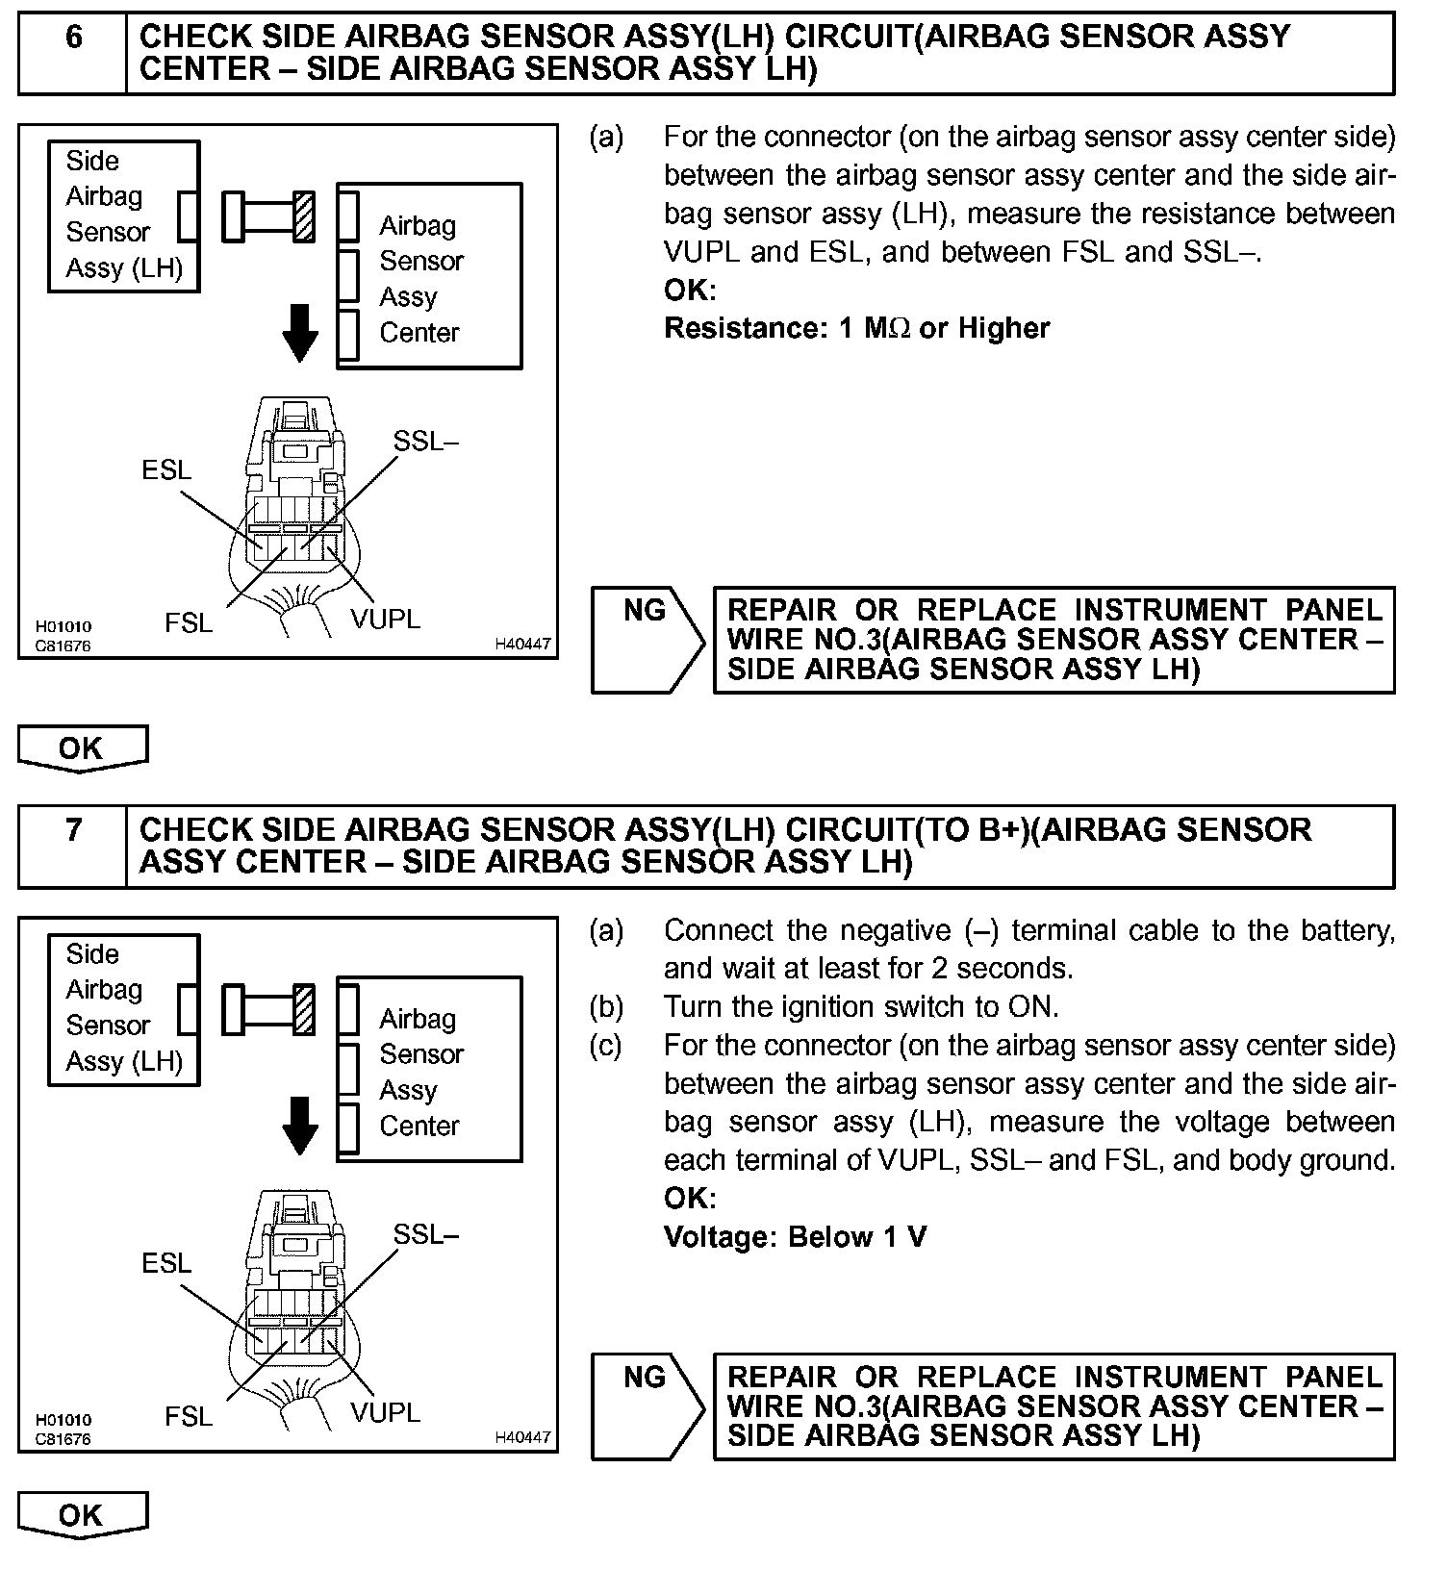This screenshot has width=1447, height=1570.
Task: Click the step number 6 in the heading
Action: coord(73,38)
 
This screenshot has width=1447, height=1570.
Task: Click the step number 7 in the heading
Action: coord(73,829)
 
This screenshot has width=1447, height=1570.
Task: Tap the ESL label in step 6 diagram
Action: coord(166,470)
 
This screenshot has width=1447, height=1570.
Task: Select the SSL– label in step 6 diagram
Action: coord(425,442)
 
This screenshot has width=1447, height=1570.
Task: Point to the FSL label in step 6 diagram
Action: coord(189,623)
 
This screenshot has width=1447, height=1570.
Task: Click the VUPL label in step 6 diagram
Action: coord(385,620)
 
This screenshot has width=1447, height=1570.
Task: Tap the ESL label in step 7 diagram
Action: coord(166,1263)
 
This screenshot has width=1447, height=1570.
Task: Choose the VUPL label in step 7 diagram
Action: coord(385,1412)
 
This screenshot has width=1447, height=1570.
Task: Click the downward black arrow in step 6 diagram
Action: coord(300,333)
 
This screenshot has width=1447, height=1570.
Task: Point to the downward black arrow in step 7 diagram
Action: coord(300,1126)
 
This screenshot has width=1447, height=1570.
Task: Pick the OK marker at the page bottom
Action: coord(82,1515)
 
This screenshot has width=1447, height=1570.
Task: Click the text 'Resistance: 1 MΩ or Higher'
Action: coord(856,329)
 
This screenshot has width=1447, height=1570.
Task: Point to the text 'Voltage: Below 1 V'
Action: coord(795,1237)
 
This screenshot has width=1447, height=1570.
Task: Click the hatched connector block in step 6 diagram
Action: coord(304,216)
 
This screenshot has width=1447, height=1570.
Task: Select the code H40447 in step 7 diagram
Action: coord(522,1437)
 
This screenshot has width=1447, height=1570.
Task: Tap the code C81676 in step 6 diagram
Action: coord(63,646)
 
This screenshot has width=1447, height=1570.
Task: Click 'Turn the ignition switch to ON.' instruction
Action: coord(860,1007)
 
